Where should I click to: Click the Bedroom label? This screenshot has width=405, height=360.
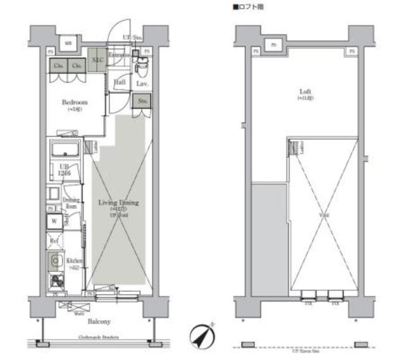(74, 102)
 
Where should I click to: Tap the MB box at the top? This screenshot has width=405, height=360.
(68, 43)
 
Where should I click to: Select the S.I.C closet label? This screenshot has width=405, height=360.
(97, 59)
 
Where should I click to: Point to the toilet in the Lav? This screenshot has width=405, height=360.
(142, 63)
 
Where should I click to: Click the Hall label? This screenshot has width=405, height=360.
(120, 83)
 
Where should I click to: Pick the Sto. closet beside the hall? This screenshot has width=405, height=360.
(141, 101)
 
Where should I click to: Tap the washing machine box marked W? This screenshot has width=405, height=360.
(54, 221)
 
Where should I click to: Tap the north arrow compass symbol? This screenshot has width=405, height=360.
(202, 335)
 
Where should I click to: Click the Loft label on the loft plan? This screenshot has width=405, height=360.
(306, 92)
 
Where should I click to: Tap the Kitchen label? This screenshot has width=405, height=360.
(75, 261)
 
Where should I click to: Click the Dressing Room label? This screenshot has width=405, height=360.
(71, 202)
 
